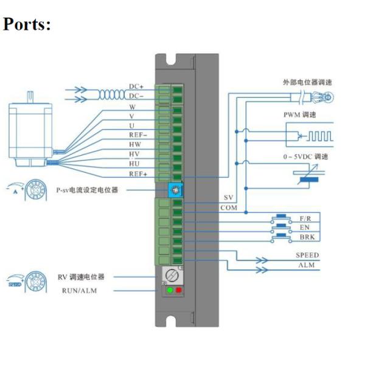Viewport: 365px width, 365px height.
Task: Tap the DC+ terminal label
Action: coord(136,87)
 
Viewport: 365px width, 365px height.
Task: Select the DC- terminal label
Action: coord(136,96)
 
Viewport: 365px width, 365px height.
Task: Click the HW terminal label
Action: coord(136,144)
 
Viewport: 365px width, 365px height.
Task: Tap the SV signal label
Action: coord(229,198)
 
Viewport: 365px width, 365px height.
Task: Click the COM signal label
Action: coord(229,208)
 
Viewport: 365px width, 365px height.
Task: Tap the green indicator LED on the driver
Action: coord(170,290)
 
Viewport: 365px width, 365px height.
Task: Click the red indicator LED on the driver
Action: coord(179,290)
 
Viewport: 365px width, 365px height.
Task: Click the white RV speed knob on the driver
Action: coord(175,276)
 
